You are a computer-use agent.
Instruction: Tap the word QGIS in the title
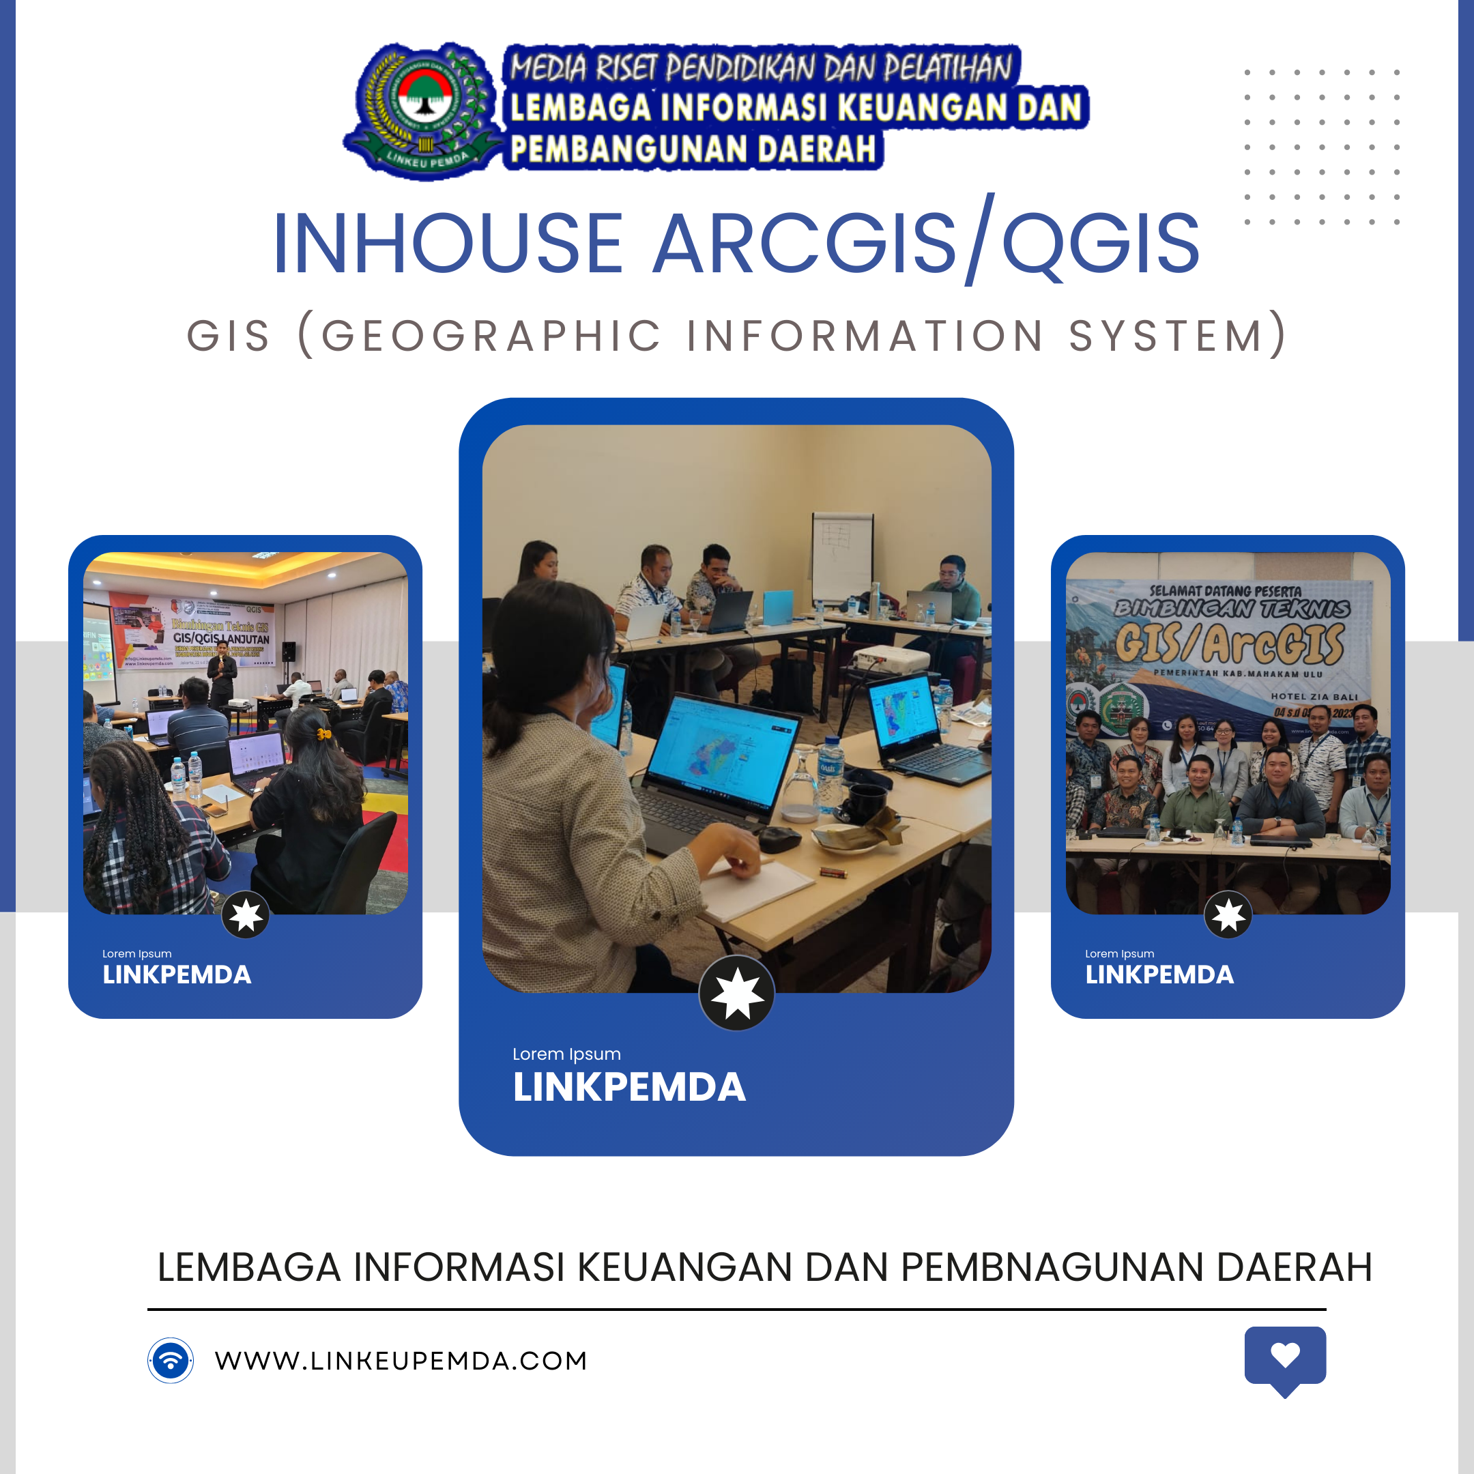pos(1100,244)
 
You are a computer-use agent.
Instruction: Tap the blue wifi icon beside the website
pos(170,1360)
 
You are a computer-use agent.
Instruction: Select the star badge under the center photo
pos(736,994)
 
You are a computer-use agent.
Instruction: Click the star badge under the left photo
pos(245,914)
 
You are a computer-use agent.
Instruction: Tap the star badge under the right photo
pos(1228,914)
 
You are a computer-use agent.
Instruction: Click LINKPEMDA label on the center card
pos(628,1087)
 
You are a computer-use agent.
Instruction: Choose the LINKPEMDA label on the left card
pos(176,975)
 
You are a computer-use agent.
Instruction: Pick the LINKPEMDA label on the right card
pos(1159,975)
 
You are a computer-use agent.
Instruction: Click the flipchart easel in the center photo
pos(841,557)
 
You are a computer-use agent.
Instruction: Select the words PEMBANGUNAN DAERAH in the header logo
pos(693,149)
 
